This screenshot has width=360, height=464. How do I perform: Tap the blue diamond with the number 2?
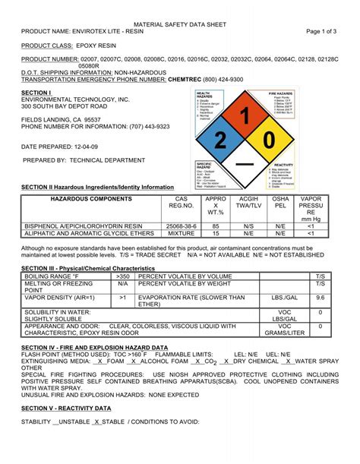219,140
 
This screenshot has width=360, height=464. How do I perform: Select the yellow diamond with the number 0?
267,140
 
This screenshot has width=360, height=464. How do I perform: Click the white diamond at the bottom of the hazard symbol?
244,164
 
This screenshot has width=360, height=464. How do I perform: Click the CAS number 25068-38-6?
181,226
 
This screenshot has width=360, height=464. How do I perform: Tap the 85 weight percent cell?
216,226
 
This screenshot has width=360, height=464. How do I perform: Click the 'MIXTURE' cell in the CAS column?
181,234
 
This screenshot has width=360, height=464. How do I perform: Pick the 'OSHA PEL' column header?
280,204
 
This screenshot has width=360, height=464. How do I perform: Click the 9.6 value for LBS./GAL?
320,298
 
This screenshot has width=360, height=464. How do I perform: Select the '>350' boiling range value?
123,276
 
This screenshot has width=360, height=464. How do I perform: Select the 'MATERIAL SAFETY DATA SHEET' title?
179,25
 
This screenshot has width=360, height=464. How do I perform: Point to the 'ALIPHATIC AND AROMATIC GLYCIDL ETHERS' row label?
84,234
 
